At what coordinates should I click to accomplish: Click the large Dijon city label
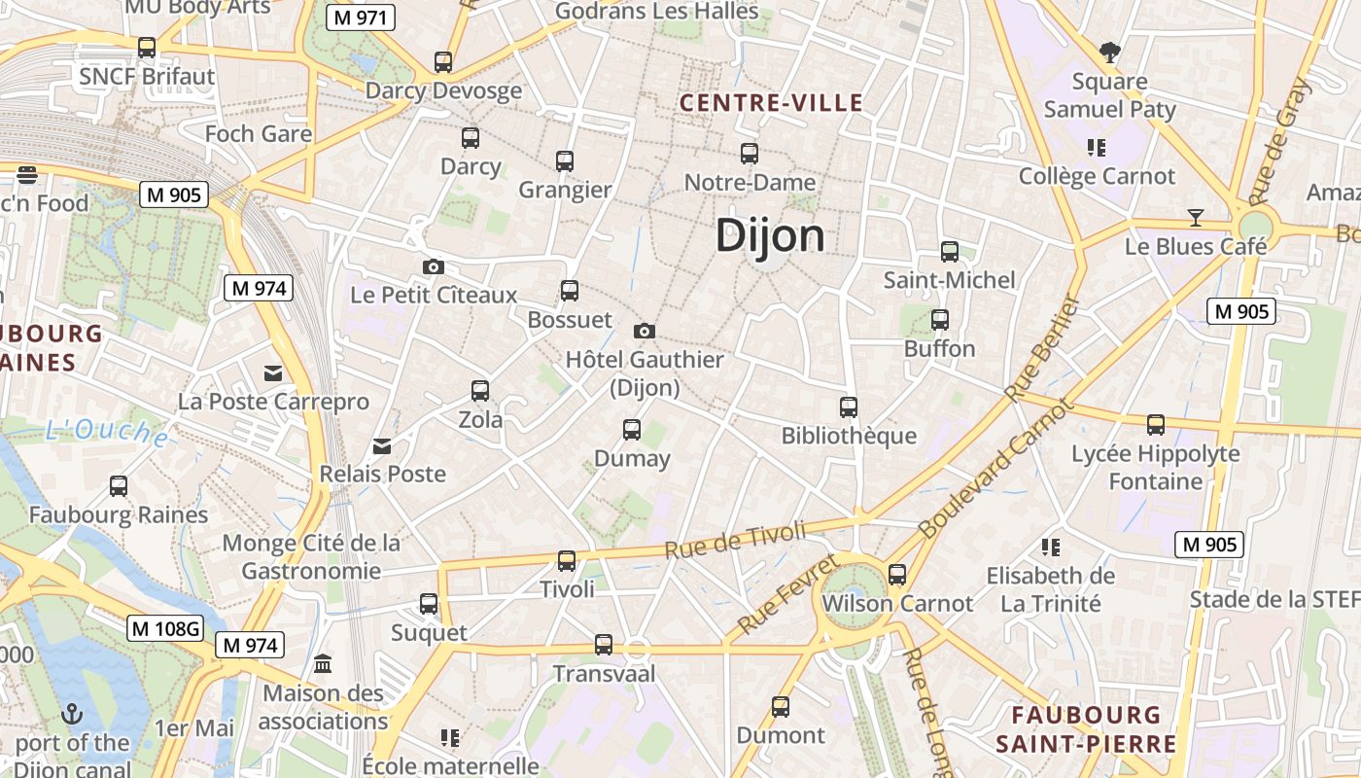pos(770,236)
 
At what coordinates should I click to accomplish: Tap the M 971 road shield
pos(360,18)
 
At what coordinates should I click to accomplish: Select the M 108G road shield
pos(165,628)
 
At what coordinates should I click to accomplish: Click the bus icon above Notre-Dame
pos(749,153)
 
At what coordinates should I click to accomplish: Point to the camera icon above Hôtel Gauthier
pos(644,332)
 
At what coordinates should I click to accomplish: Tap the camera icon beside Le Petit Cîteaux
pos(434,266)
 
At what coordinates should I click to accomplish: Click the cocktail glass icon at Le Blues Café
pos(1196,217)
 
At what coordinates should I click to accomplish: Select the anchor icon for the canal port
pos(71,715)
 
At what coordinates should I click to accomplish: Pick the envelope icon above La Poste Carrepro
pos(273,372)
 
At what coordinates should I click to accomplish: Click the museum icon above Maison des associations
pos(323,664)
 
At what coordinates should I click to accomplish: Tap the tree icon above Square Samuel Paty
pos(1108,51)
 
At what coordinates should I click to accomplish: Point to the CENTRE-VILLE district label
pos(771,103)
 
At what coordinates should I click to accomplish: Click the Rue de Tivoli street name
pos(736,540)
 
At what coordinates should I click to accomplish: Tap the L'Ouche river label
pos(107,431)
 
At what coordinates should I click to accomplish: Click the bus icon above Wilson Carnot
pos(896,574)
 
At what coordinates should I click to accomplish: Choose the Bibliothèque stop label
pos(849,436)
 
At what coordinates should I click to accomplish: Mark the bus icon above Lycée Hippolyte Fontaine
pos(1155,425)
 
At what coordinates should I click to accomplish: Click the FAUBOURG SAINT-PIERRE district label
pos(1086,730)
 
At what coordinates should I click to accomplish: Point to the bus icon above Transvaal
pos(604,644)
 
